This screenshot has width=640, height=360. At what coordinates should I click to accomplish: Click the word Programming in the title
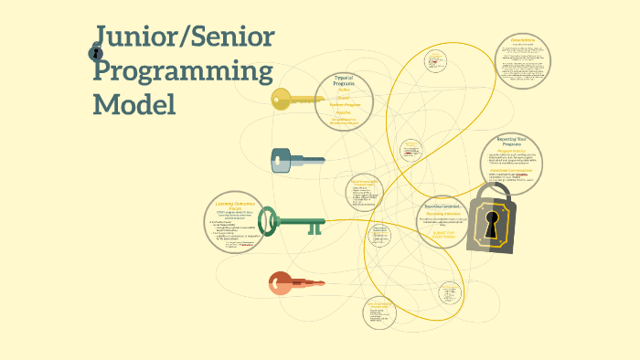(184, 72)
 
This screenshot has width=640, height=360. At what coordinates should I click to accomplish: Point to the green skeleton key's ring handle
(267, 220)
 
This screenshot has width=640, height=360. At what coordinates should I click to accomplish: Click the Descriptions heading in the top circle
(524, 41)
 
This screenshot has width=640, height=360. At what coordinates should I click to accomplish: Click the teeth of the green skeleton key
(315, 227)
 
